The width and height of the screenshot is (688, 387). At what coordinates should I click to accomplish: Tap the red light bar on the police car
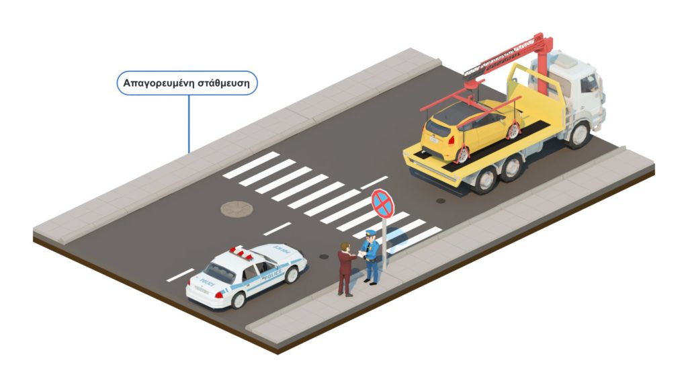tap(242, 254)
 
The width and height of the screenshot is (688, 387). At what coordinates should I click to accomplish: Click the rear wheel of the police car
tap(239, 299)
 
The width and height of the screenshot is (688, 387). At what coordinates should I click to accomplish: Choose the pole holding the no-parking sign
tap(384, 242)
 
